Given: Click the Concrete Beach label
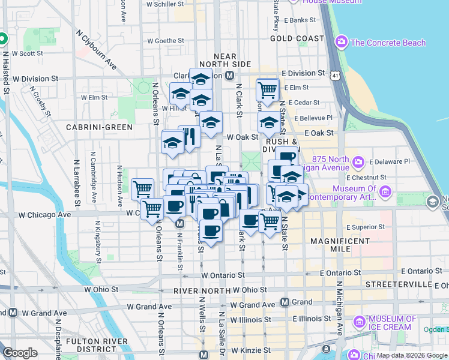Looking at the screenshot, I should coord(388,43).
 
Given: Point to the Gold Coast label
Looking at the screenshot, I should coord(297,38).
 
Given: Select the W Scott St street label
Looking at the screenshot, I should coord(27,53).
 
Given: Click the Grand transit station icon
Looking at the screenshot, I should coord(285,302).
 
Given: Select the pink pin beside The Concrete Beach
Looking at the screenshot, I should coord(342,42).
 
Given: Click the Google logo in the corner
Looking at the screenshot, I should coord(20,353).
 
